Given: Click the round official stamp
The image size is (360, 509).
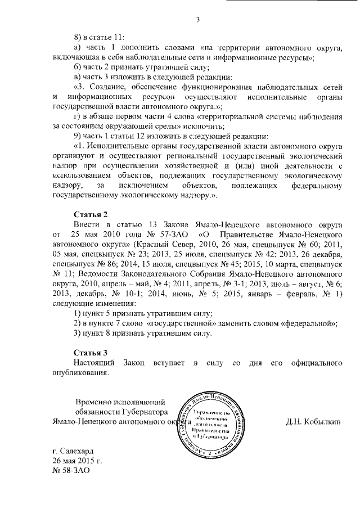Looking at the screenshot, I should (211, 425).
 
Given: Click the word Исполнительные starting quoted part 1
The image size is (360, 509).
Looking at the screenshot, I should (118, 148).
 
